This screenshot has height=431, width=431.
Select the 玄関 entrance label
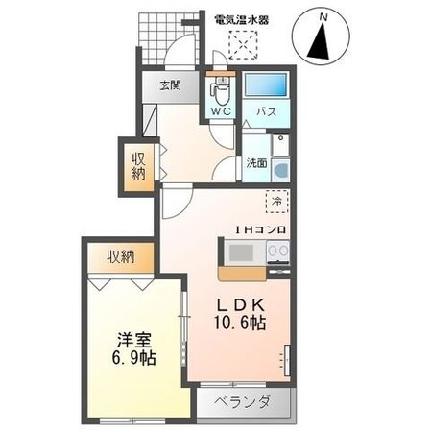click(x=171, y=85)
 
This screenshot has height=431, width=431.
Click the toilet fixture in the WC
click(x=221, y=90)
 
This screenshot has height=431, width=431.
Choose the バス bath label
click(x=266, y=111)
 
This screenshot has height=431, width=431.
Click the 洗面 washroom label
click(x=255, y=163)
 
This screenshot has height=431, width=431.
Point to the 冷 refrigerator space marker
click(x=276, y=203)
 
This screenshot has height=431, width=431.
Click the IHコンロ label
click(x=255, y=230)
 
